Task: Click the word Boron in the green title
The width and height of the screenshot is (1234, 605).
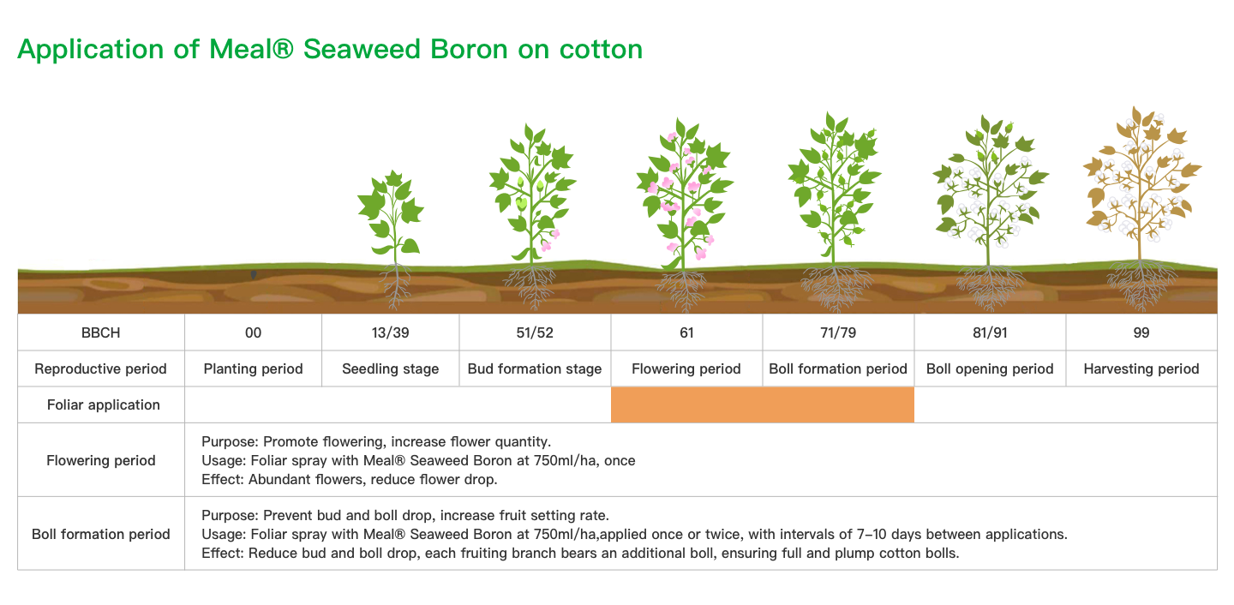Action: [469, 49]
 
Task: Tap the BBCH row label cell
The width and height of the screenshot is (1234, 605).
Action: [101, 332]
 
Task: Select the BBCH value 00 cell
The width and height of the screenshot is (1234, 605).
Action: [253, 332]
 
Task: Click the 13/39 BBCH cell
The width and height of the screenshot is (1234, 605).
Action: [390, 332]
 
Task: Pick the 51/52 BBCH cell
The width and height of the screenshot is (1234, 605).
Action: [535, 332]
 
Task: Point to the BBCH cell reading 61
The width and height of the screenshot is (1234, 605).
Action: [686, 332]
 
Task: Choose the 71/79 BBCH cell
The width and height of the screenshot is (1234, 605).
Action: [838, 332]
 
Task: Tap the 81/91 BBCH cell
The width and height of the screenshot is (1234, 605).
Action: [990, 332]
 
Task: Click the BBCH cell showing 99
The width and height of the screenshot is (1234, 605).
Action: [1141, 332]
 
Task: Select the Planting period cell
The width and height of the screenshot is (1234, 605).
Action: [253, 368]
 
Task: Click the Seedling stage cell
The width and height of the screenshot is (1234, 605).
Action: [390, 368]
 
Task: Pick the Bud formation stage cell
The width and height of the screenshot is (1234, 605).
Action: [535, 368]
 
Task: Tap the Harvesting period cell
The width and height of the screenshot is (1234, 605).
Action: [1141, 368]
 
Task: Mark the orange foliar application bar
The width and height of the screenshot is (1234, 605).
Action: [763, 405]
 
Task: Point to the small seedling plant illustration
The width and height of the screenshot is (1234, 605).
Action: [392, 237]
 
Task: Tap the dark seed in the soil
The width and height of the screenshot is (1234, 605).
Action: [254, 274]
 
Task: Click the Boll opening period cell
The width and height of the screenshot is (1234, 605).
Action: [990, 368]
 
